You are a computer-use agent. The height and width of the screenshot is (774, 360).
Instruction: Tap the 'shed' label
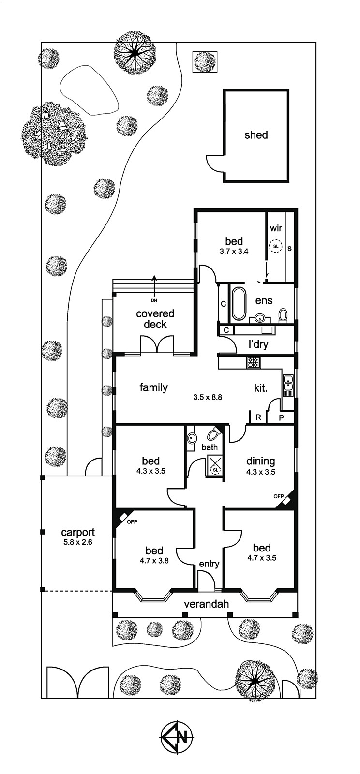tap(256, 135)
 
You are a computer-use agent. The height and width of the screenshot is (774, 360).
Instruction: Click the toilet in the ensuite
tap(283, 315)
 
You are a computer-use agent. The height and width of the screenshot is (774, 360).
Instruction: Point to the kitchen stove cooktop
tap(254, 362)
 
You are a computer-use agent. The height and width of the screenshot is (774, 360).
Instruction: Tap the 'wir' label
tap(276, 228)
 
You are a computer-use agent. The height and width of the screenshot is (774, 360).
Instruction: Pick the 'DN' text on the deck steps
tap(154, 300)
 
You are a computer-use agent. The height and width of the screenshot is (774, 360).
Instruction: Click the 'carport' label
tap(78, 533)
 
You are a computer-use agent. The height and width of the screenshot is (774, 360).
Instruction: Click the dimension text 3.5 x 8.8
tap(207, 397)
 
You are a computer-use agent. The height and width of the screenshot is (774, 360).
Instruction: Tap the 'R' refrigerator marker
tap(258, 417)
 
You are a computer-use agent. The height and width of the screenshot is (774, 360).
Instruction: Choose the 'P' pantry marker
tap(281, 418)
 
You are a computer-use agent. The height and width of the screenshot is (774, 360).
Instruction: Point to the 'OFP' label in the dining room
tap(278, 496)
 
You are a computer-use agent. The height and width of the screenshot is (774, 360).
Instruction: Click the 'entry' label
tap(209, 564)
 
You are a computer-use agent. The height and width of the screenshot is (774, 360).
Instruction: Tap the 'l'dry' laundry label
tap(258, 344)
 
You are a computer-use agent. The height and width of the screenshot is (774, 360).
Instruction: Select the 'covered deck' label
tap(155, 319)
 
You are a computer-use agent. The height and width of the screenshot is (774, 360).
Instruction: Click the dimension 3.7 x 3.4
tap(234, 252)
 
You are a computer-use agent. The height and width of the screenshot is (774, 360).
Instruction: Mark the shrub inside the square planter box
tap(205, 62)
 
